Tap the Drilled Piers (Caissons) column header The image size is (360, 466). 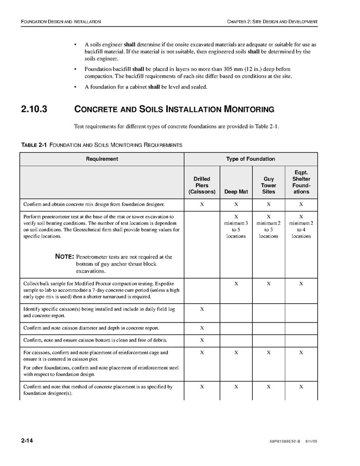point(202,185)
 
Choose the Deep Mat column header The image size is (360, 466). point(236,191)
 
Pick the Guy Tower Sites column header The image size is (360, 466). point(268,185)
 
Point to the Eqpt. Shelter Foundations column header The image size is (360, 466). point(301,182)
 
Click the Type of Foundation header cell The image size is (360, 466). point(250,159)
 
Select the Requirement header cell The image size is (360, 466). point(102,159)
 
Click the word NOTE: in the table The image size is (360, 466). point(65,257)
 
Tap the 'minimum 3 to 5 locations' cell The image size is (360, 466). point(236,226)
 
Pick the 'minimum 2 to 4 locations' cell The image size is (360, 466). point(301,226)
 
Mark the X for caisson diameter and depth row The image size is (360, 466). point(202,328)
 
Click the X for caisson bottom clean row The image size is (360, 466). point(202,340)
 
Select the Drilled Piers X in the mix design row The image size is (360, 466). point(202,204)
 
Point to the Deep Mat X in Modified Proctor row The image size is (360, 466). point(236,284)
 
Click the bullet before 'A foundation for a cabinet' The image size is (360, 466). point(76,87)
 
